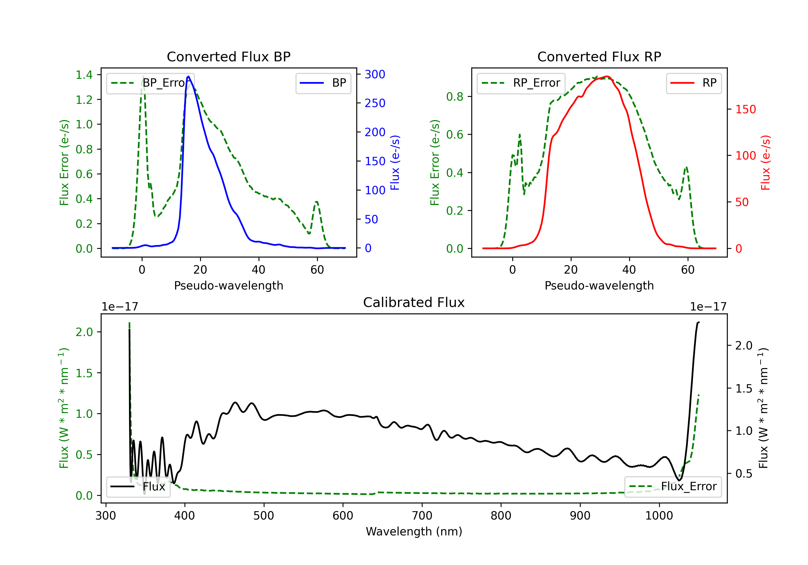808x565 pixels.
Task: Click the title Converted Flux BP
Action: (x=228, y=56)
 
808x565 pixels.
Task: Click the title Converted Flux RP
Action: (x=599, y=56)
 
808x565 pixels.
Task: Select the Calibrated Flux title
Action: (x=414, y=302)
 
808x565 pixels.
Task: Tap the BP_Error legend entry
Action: (x=150, y=83)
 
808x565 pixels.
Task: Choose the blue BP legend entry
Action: (x=323, y=83)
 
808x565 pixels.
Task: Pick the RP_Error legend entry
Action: (x=521, y=83)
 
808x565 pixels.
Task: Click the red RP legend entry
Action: (x=694, y=83)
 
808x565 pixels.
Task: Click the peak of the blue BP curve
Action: (x=189, y=76)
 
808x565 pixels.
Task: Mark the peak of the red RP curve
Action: (x=607, y=76)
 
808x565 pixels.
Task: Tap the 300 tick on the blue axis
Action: (x=375, y=74)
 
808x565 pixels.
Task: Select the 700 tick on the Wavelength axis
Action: (x=422, y=516)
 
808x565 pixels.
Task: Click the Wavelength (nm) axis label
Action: (x=414, y=531)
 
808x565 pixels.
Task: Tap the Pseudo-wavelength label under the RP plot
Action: (x=599, y=285)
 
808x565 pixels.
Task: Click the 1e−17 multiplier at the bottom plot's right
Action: (x=708, y=307)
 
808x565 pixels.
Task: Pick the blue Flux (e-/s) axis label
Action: (x=395, y=163)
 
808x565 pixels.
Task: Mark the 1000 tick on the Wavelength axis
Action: (x=659, y=516)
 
